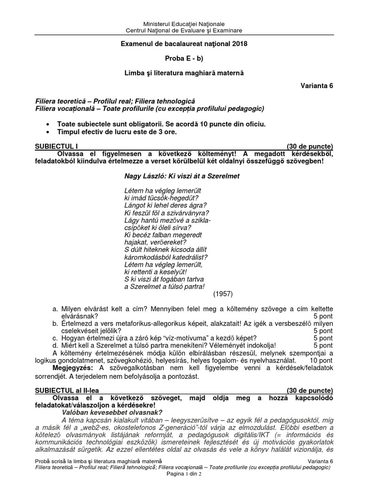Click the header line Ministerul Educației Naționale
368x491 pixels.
[x=184, y=24]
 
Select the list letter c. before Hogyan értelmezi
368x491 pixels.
[x=55, y=338]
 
